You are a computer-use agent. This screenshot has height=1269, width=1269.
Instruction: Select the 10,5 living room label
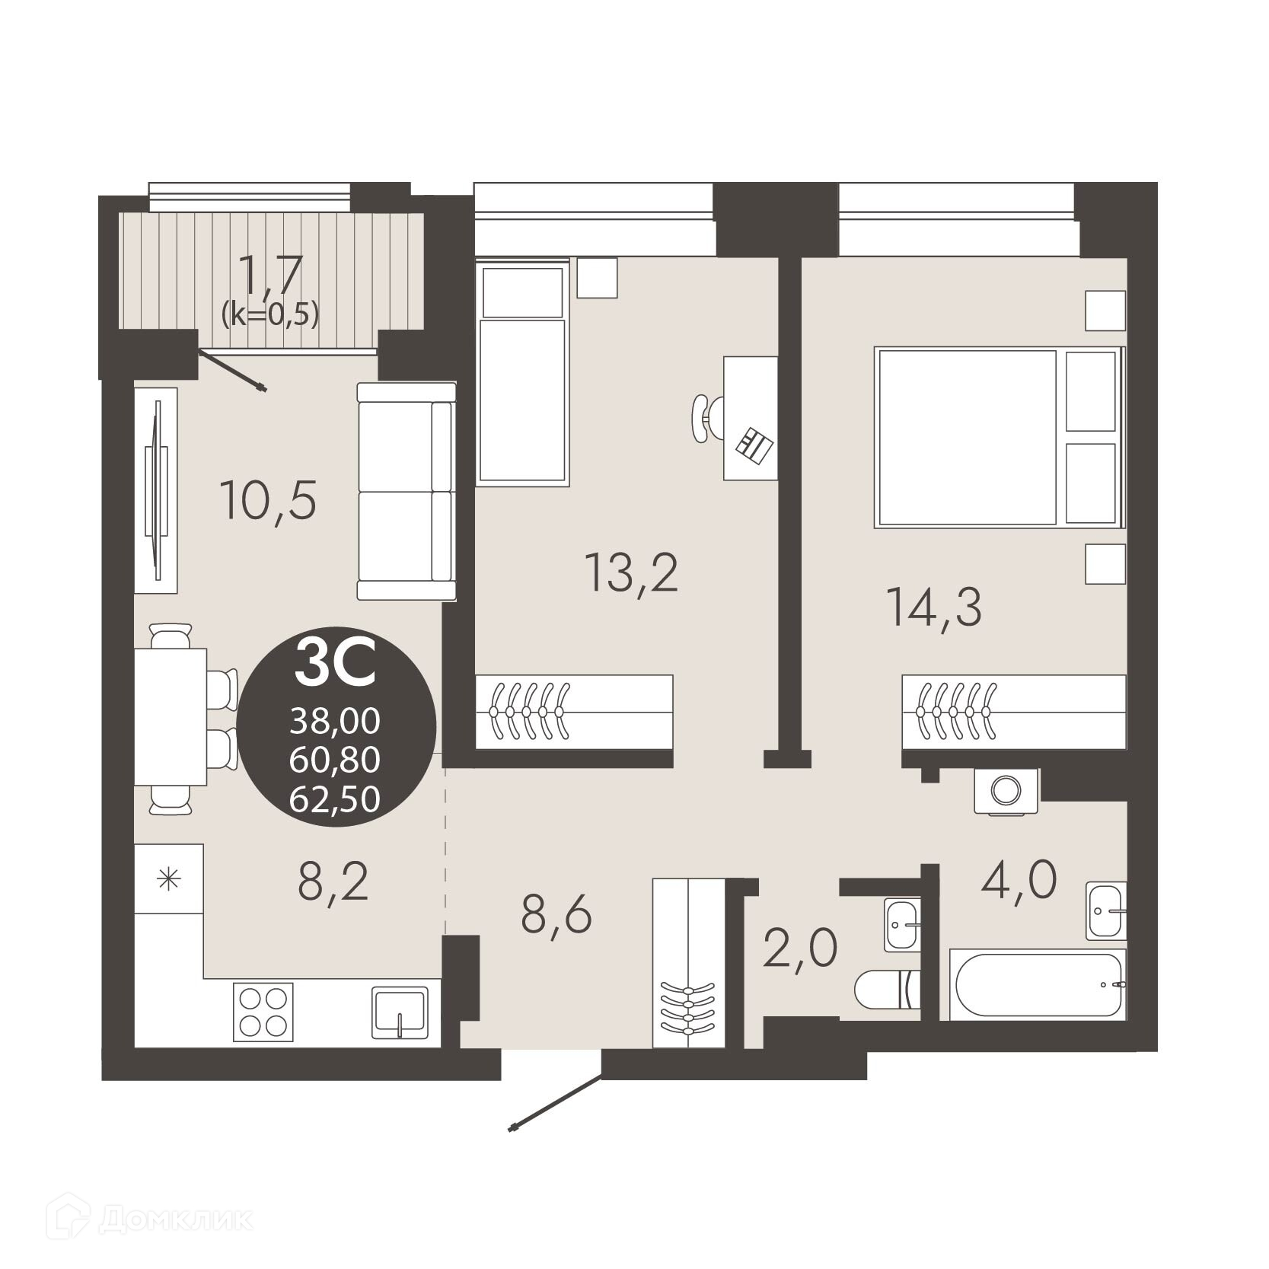(x=267, y=499)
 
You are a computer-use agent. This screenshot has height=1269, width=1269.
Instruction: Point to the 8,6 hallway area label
(x=556, y=914)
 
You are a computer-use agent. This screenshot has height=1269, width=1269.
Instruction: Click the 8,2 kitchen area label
(x=333, y=882)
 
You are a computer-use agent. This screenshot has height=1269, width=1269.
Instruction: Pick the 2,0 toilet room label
(x=800, y=948)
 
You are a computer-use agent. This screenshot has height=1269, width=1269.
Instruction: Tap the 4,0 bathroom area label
(x=1019, y=880)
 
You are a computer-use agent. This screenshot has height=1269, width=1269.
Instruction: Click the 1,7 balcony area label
(x=270, y=275)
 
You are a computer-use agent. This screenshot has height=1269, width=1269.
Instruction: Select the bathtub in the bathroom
(x=1038, y=984)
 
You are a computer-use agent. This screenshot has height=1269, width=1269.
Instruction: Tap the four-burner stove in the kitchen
(x=263, y=1010)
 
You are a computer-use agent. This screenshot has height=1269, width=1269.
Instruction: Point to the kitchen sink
(x=400, y=1012)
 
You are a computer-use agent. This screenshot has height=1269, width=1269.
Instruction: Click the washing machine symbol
(x=1006, y=791)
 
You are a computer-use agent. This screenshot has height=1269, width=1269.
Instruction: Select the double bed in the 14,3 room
(x=999, y=437)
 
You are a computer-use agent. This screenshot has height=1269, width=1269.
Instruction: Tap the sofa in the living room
(x=407, y=491)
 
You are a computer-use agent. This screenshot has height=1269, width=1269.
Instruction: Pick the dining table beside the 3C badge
(x=171, y=716)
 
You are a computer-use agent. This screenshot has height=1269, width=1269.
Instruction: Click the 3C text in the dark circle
(x=336, y=663)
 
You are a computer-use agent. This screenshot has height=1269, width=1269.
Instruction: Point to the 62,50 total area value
(x=335, y=799)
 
